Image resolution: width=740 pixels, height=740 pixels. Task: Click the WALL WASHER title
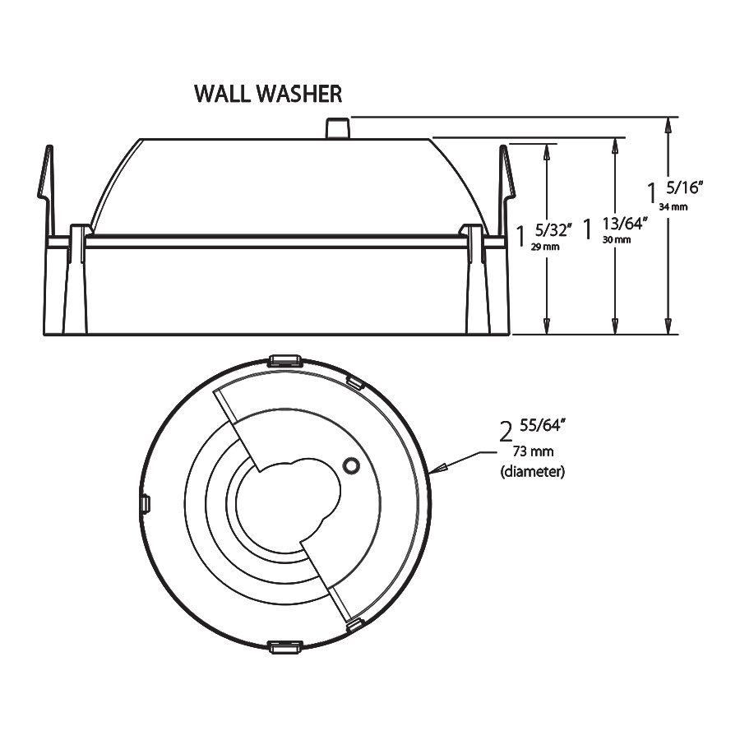268,93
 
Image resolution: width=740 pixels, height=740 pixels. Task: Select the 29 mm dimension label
546,247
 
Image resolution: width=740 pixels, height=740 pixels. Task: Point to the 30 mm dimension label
616,239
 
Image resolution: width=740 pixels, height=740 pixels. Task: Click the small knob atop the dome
336,128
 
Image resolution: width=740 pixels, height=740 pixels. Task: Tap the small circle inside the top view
351,465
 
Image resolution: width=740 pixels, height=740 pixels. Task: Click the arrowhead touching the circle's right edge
437,469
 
